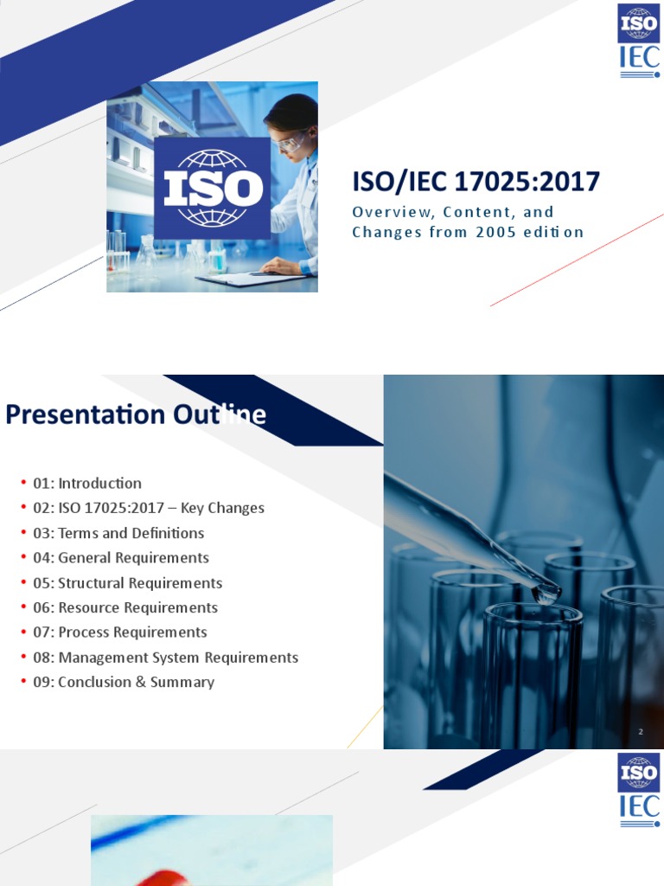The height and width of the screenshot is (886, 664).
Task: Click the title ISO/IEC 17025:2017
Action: [476, 182]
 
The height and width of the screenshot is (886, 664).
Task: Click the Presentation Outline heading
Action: [136, 415]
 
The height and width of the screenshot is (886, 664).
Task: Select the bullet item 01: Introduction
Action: [86, 484]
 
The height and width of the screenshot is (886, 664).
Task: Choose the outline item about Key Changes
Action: [148, 508]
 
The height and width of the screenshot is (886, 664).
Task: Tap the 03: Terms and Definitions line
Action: [118, 533]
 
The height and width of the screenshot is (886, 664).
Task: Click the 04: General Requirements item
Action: [120, 558]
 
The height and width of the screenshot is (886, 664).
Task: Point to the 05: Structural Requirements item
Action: [127, 583]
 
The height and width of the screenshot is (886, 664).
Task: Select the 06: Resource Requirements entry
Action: [124, 607]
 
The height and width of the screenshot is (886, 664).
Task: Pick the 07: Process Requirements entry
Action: [119, 632]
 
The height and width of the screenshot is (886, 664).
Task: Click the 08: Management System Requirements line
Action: [165, 658]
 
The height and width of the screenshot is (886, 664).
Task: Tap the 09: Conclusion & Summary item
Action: [123, 683]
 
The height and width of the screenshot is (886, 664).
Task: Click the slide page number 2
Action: [641, 732]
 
